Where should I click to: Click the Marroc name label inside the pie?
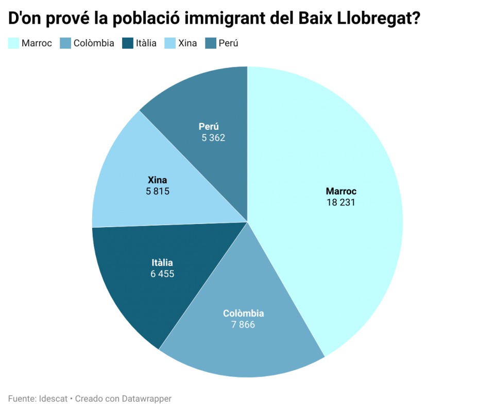coord(341,191)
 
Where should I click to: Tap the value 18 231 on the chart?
coord(341,202)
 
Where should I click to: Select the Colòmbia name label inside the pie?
coord(243,313)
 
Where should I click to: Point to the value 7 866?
coord(243,324)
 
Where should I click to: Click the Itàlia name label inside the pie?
coord(162,263)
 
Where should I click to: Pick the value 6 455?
coord(162,274)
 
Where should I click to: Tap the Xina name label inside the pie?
coord(157,180)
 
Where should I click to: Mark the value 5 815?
coord(158,191)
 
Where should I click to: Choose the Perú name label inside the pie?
coord(209,126)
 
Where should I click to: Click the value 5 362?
coord(213,138)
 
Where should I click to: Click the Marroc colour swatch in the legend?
coord(13,43)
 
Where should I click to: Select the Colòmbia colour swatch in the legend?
coord(65,43)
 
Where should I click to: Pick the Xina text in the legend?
coord(187,43)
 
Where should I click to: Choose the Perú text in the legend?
coord(228,43)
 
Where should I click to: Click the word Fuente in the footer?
coord(22,399)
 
